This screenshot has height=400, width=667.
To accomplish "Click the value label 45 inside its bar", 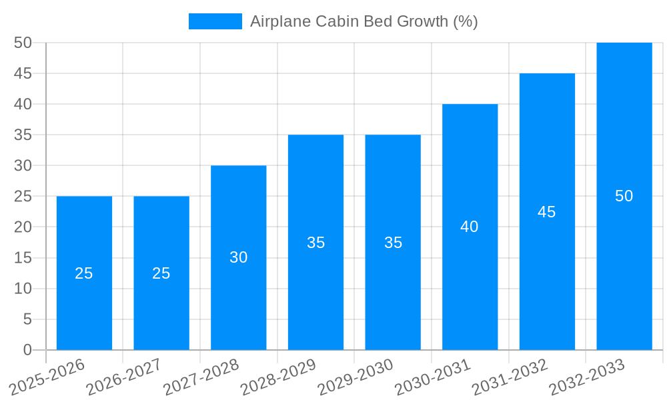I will point(546,212).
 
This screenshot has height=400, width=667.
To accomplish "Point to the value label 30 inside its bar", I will point(239,257).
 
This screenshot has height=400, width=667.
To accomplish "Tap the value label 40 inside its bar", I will point(470,227).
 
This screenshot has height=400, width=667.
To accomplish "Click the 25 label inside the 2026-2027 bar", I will point(161,273).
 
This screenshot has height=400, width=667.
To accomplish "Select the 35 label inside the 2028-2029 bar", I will point(315,243).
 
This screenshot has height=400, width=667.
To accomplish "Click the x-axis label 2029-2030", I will point(356,377).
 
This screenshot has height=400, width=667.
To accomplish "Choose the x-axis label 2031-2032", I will point(510,377).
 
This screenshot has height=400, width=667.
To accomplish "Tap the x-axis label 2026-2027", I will point(124,377).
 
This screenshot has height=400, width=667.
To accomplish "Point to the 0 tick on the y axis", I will point(27,350).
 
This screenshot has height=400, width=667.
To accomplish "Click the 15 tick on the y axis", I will point(23,258).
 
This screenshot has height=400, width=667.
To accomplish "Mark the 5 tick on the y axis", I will point(27,319).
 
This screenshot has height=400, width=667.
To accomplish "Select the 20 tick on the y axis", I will point(23,227).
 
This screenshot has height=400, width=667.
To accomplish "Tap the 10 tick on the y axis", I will point(23,289).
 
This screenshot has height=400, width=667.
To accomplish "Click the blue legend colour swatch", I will point(215,21).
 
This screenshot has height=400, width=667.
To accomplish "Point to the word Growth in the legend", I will point(423,21).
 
